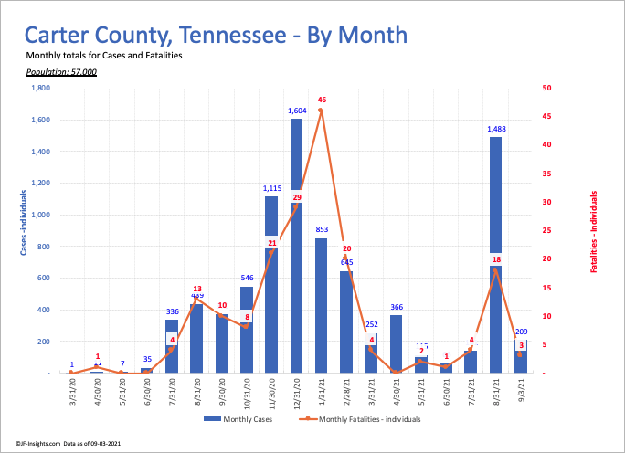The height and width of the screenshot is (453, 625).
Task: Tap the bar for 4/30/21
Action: [397, 343]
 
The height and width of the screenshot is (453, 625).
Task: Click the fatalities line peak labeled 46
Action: [321, 111]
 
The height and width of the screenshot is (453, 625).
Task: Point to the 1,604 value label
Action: [297, 111]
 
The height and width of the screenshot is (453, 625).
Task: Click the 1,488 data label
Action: [496, 129]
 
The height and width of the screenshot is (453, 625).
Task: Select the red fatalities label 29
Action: [297, 197]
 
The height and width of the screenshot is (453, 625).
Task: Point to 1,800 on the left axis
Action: [40, 88]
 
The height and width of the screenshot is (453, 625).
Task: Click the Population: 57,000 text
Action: [61, 71]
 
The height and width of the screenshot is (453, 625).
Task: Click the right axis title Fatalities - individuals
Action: [594, 232]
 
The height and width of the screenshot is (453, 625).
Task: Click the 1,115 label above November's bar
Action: [272, 188]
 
